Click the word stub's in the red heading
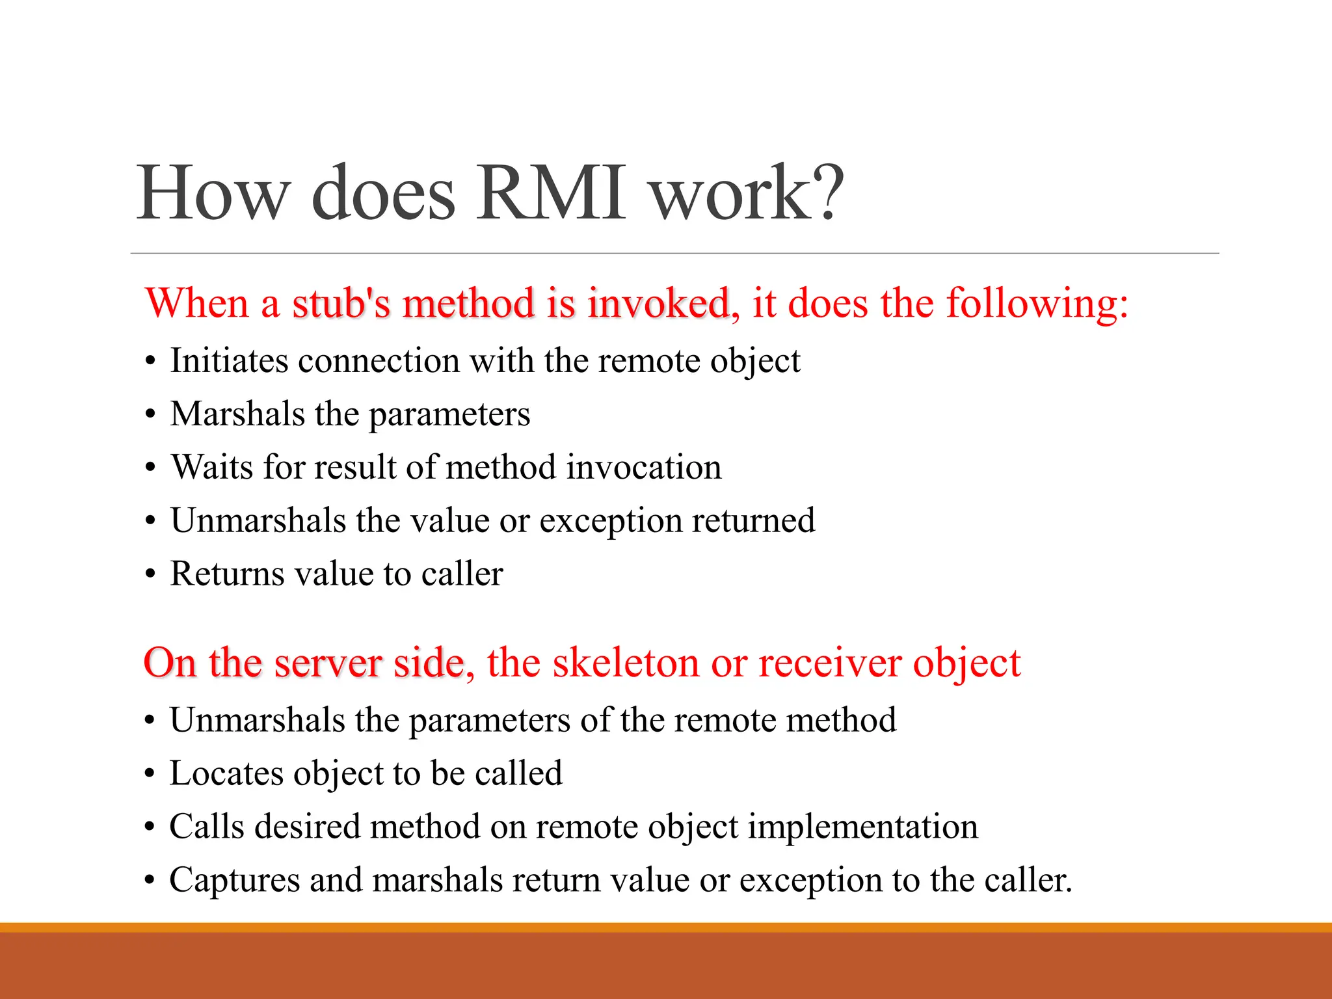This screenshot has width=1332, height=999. coord(340,303)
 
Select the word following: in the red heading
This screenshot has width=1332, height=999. coord(1037,303)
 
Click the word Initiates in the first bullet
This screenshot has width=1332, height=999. coord(229,360)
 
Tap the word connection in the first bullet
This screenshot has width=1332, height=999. coord(379,360)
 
